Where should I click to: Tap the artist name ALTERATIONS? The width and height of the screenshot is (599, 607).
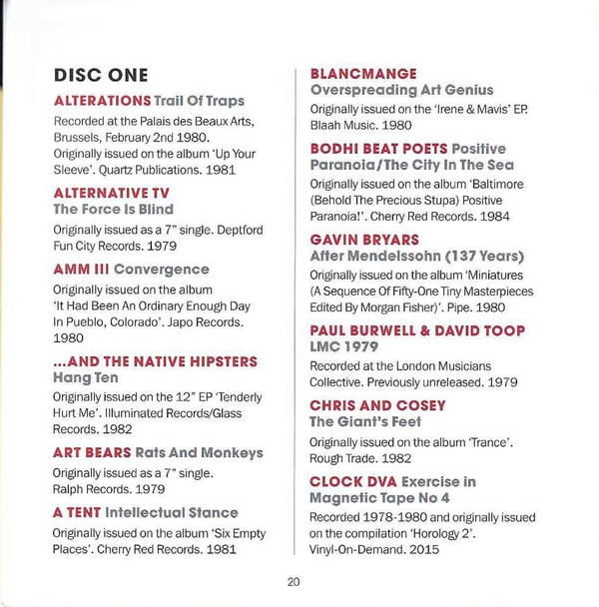pos(101,101)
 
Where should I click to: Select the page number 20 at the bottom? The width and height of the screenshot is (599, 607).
pos(293,582)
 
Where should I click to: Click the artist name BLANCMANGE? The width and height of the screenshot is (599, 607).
pos(362,73)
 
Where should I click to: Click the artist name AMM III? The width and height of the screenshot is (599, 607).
pos(79,270)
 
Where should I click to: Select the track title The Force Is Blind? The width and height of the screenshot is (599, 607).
pos(112,209)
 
